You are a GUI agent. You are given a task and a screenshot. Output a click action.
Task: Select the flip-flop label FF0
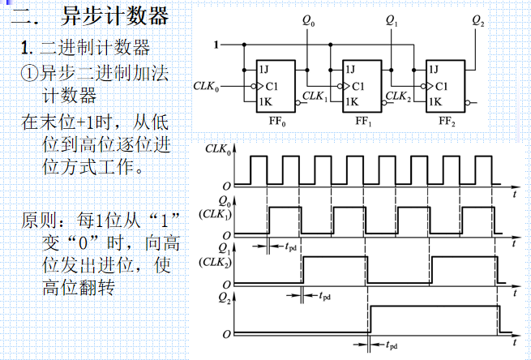(x=276, y=120)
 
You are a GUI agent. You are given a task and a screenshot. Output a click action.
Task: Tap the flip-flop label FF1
(x=362, y=120)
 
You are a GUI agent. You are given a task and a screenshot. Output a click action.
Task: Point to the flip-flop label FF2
(x=447, y=120)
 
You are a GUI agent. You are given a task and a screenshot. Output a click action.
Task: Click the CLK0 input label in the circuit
(x=207, y=84)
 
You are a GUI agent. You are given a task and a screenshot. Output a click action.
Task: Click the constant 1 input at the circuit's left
(x=216, y=45)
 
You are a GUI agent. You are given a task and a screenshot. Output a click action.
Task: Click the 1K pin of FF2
(x=435, y=102)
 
